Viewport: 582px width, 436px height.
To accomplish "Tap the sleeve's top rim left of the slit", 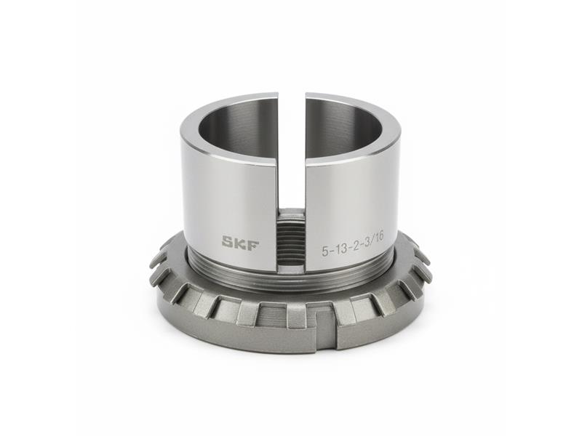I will point(218,102).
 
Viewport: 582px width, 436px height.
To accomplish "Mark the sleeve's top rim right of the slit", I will point(356,101).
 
